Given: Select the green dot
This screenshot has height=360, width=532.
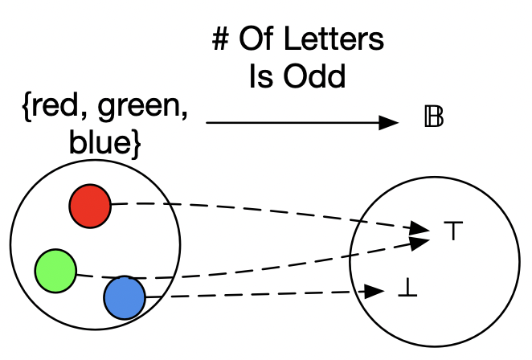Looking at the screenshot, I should (55, 270).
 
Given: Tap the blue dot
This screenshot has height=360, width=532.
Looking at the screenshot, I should (125, 297).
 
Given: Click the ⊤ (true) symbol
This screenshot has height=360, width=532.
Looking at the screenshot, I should (448, 231).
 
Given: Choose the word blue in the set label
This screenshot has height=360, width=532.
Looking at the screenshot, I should (95, 145).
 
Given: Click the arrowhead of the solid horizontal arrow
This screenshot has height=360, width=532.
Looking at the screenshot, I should (390, 122).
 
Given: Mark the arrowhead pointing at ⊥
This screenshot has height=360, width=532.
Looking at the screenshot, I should (373, 291).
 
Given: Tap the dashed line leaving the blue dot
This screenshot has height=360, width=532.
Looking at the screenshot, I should (257, 294).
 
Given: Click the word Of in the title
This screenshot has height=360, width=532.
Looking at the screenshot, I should (257, 41).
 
